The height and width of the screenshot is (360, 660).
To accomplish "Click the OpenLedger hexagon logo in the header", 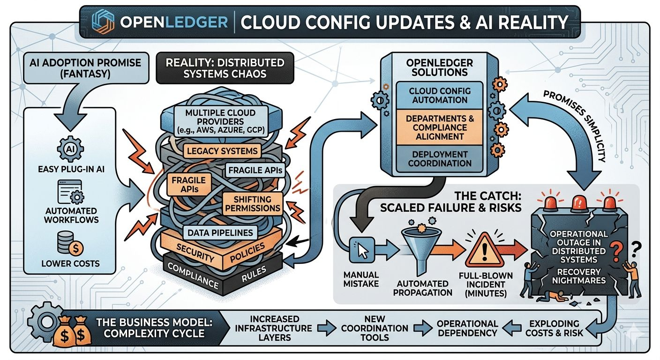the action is [x=103, y=22].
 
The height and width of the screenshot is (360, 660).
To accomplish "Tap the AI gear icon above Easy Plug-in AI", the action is [x=70, y=149].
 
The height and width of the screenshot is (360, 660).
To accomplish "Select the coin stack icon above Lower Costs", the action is [x=70, y=243].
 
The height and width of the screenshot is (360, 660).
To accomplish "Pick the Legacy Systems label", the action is [x=222, y=151].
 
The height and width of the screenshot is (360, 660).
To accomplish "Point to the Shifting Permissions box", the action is [x=253, y=203].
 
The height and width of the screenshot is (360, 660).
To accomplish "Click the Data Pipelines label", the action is [x=220, y=232].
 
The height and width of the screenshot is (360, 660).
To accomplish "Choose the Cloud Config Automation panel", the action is [x=440, y=96].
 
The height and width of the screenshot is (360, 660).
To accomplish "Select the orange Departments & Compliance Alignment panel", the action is [x=440, y=127].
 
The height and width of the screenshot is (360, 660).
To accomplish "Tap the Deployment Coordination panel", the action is [x=440, y=159].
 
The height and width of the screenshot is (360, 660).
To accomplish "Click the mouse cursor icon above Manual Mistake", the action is [x=362, y=250].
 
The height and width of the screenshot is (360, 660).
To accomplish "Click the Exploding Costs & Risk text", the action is [x=554, y=328].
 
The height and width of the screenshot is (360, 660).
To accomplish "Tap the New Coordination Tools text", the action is [x=375, y=328].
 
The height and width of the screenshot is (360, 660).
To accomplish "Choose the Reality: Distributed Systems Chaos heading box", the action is [x=225, y=68].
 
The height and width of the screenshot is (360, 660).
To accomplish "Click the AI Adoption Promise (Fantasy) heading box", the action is [x=85, y=68].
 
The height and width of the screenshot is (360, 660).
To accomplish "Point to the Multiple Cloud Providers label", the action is [x=221, y=121].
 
